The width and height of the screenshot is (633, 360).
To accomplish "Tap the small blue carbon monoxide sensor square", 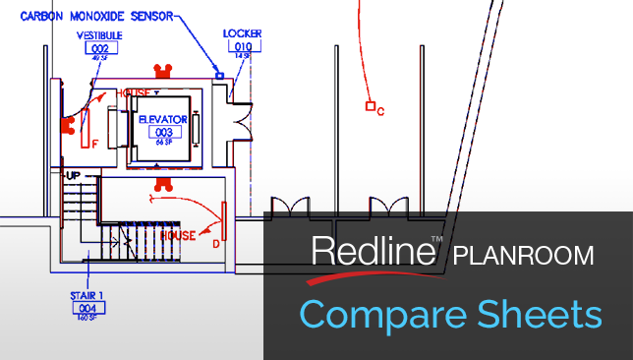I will coord(220,75).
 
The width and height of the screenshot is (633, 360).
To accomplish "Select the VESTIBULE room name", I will coord(98,35).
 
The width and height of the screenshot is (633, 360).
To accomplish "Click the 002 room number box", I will coord(98,47).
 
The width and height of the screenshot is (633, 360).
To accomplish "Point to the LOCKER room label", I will coord(242,32).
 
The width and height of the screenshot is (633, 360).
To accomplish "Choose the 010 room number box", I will coord(242,44).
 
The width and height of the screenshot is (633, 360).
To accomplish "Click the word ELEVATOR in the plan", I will coord(163,118).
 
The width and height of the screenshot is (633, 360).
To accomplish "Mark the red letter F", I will coord(94,143).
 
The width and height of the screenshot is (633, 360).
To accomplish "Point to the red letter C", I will coord(380,111).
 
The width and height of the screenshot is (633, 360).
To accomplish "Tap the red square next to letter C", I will coord(370,105).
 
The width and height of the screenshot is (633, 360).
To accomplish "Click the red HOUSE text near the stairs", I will coord(178,236).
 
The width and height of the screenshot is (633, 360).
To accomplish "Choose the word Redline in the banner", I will coord(373,252).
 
